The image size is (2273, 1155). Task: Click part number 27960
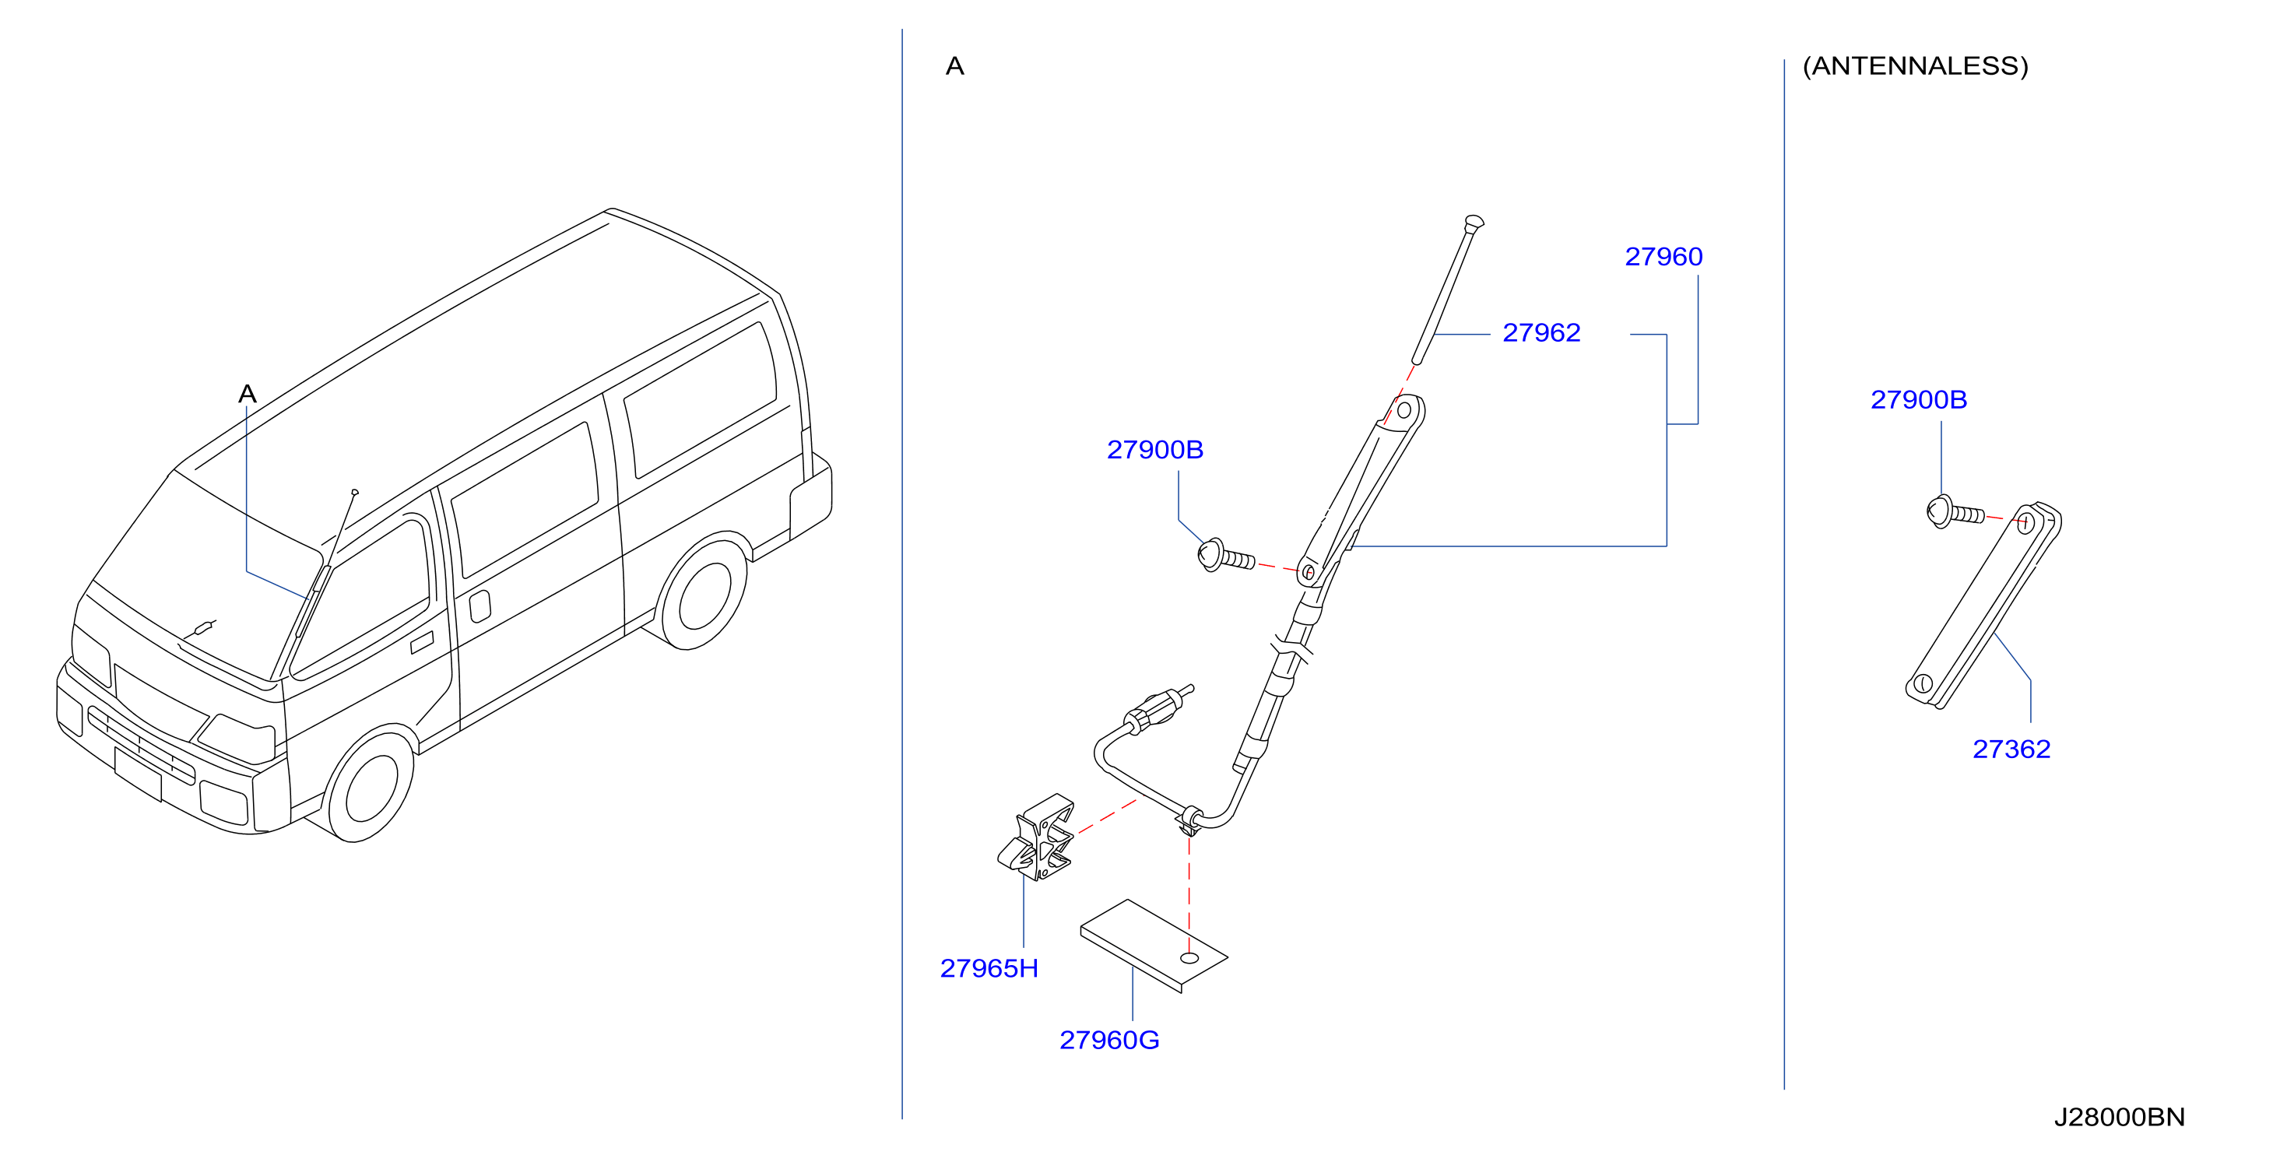coord(1663,257)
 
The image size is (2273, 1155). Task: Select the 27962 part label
coord(1541,332)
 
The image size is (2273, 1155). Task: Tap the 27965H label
coord(989,968)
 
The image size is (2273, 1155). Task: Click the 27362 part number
coord(2011,750)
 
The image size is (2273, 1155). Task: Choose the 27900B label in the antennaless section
coord(1918,400)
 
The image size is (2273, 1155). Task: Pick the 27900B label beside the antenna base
coord(1155,450)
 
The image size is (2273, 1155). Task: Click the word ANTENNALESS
coord(1916,66)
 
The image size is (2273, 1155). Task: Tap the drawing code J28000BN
coord(2119,1117)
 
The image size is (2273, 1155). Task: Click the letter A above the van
coord(247,394)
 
